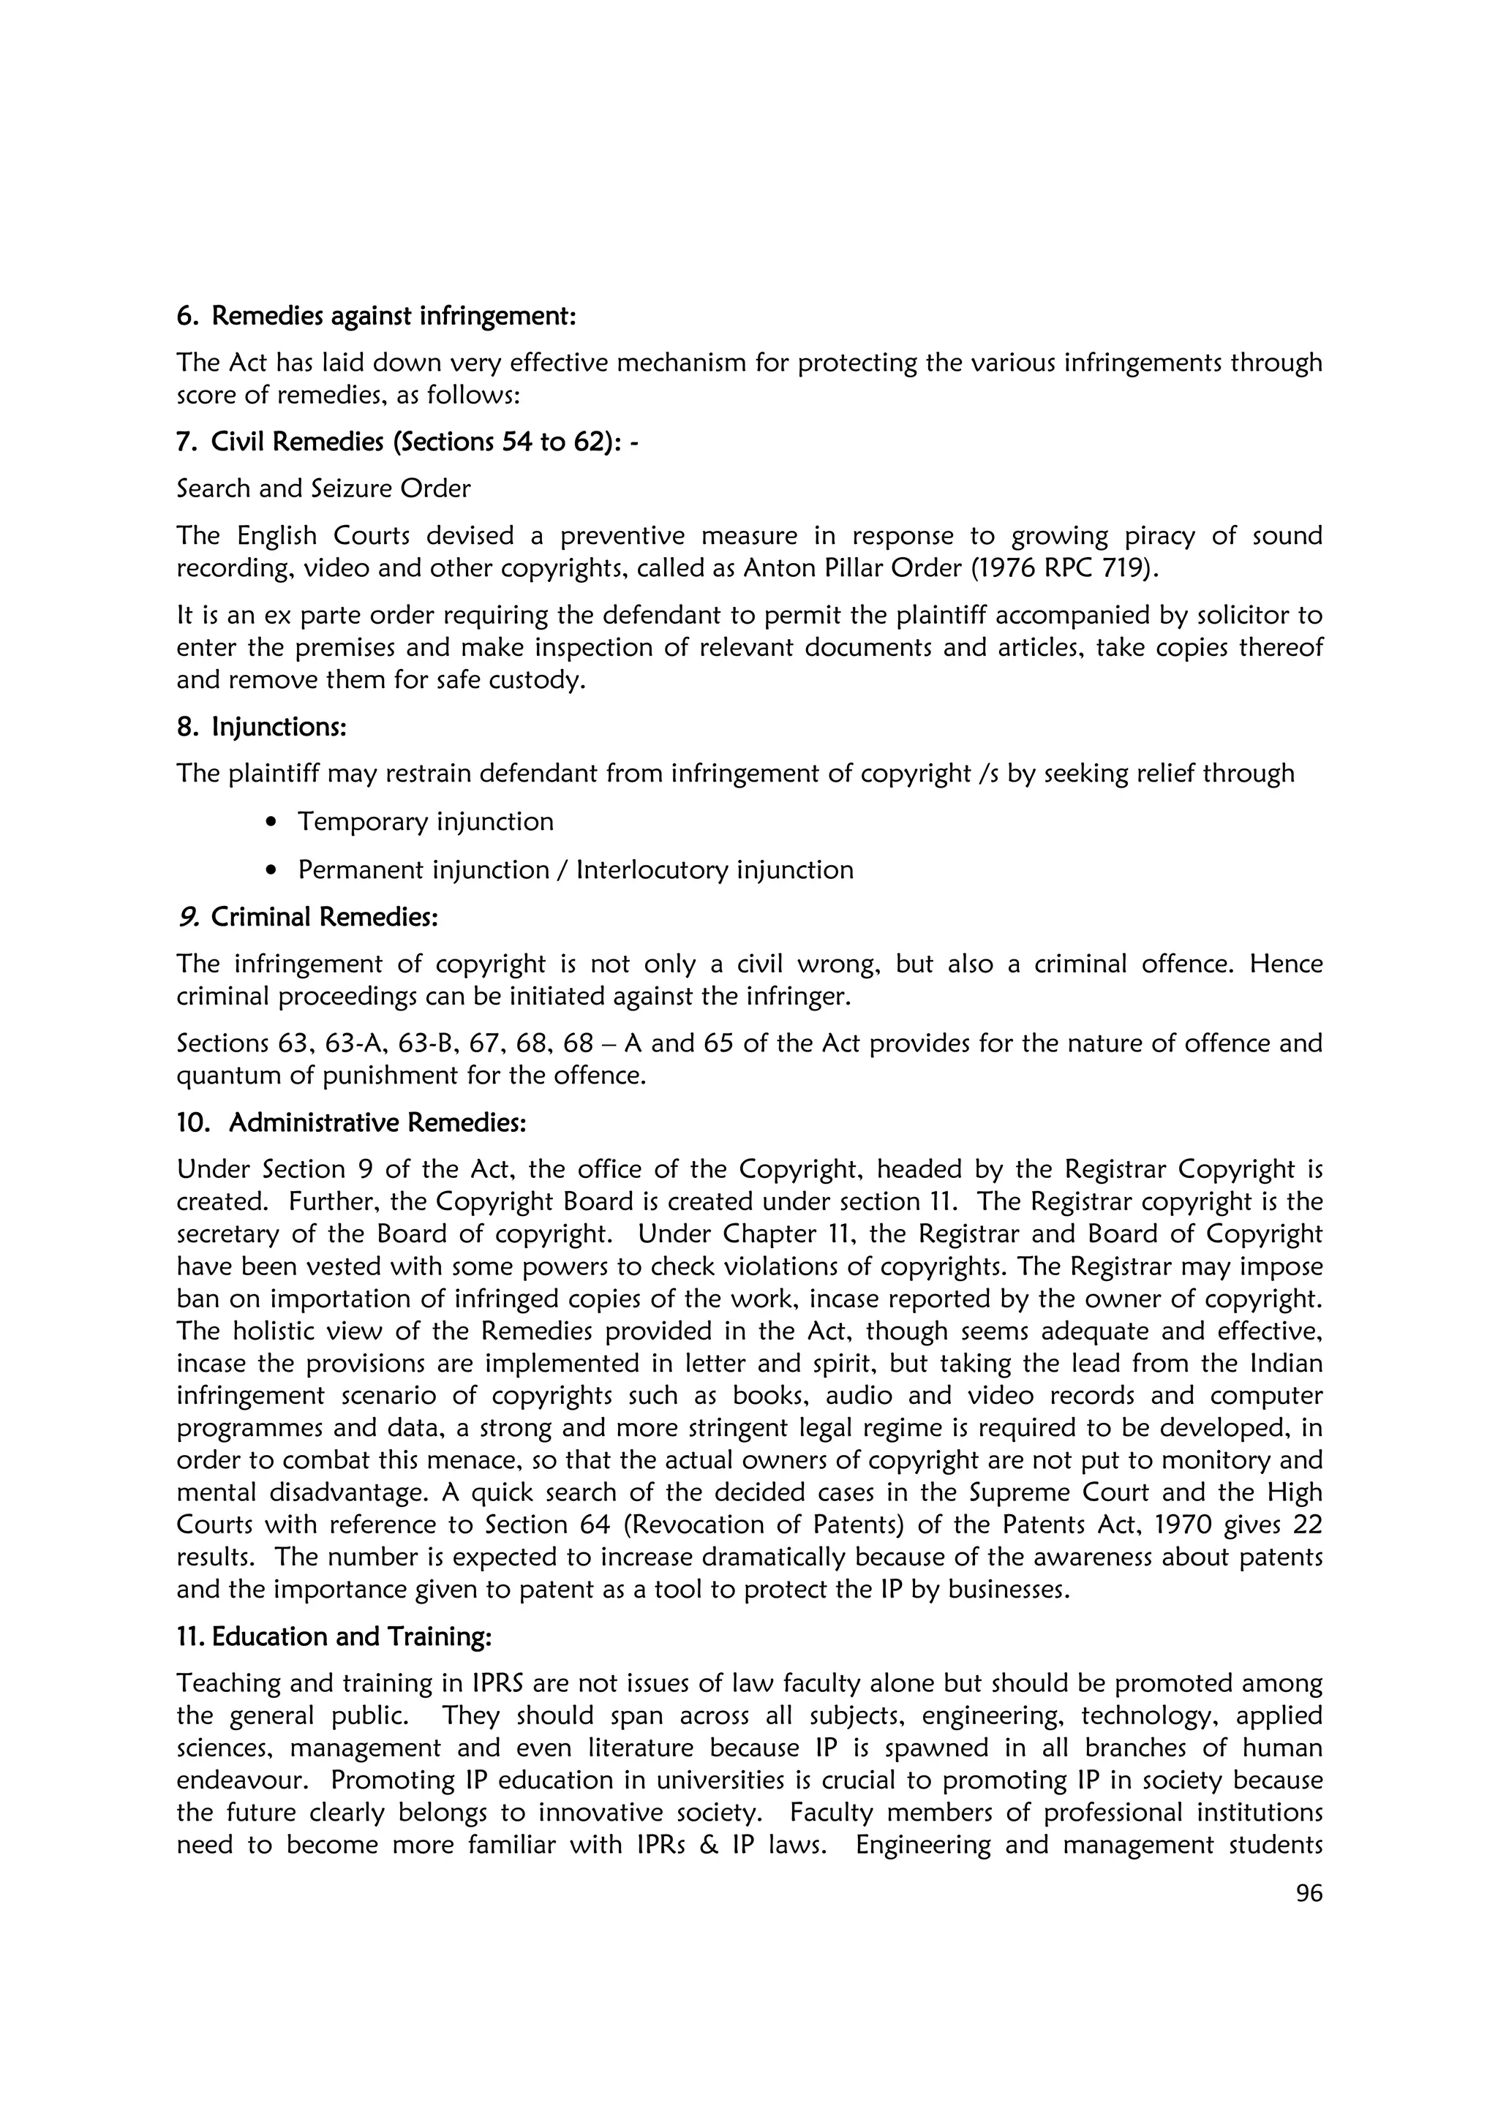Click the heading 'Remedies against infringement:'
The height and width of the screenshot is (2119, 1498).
[394, 317]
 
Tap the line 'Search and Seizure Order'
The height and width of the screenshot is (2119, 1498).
[323, 488]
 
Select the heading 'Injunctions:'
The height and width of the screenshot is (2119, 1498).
[279, 728]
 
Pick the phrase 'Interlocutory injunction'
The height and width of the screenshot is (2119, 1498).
[715, 870]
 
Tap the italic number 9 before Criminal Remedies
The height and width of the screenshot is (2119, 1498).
[188, 918]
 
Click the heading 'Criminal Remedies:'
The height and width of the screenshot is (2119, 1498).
[324, 918]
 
